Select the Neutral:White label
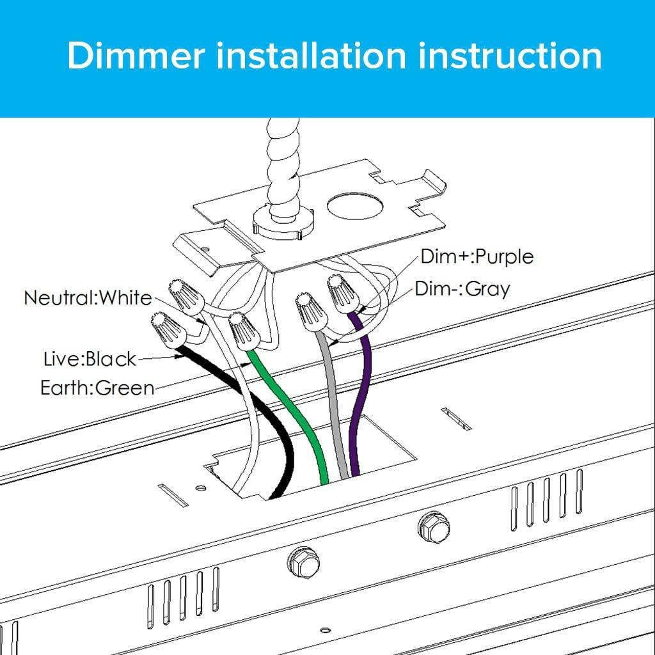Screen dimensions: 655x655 coord(88,298)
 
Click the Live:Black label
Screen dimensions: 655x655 coord(90,359)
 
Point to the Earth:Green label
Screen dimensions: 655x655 coord(97,388)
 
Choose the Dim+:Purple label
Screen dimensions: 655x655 coord(477,256)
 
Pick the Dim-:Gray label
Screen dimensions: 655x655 coord(462,288)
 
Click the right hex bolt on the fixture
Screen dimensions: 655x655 coord(434,526)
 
